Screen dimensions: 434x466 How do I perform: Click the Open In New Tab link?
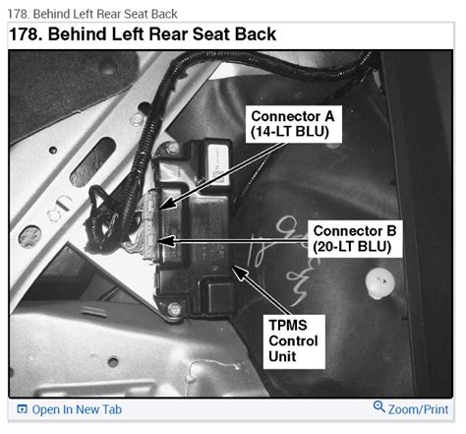(x=77, y=409)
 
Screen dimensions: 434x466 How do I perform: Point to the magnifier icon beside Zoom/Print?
(x=379, y=408)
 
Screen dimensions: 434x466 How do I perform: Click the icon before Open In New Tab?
(x=22, y=409)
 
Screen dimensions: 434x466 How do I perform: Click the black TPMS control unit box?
(x=206, y=226)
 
